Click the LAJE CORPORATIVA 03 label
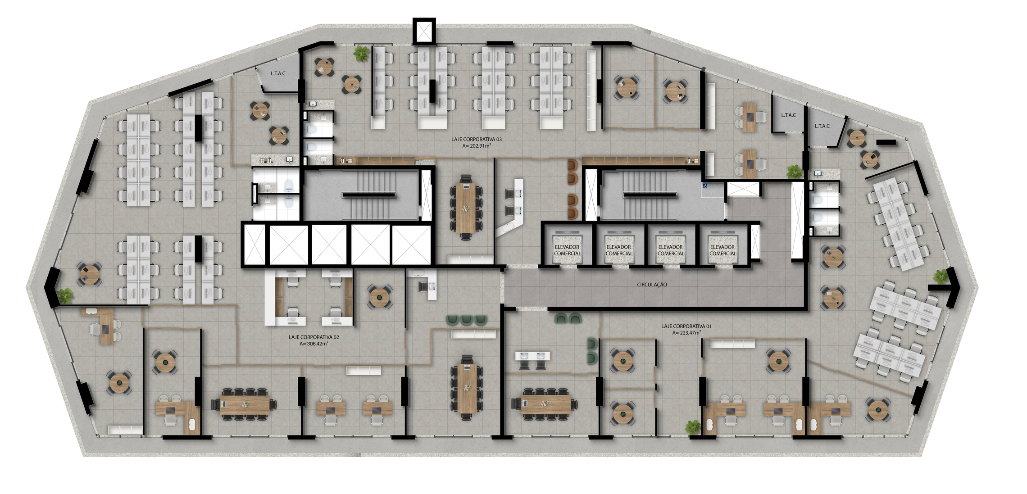[x=476, y=140]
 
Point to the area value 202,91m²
[x=476, y=146]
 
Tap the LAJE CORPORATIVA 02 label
[x=314, y=337]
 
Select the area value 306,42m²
[x=314, y=344]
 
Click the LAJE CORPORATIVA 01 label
[x=686, y=326]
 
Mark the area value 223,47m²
[x=686, y=333]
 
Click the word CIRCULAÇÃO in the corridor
[x=652, y=285]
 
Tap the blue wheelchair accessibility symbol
[x=705, y=185]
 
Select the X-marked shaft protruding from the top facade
[x=424, y=31]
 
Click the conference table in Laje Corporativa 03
[x=466, y=207]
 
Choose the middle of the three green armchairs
[x=467, y=320]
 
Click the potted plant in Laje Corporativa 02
[x=66, y=295]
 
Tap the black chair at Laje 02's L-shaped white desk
[x=423, y=286]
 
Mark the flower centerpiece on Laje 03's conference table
[x=466, y=208]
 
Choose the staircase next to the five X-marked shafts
[x=369, y=195]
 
